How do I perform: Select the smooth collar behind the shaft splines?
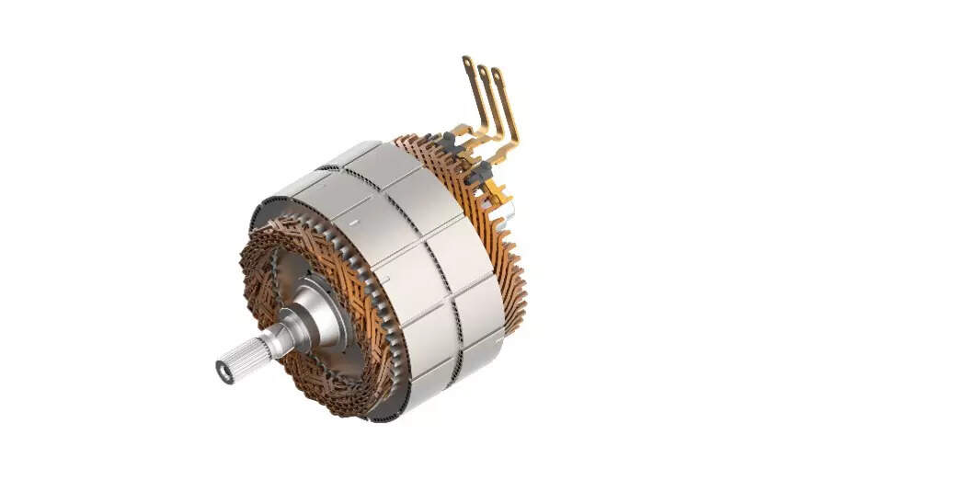coord(275,337)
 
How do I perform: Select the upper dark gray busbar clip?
coord(450,142)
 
